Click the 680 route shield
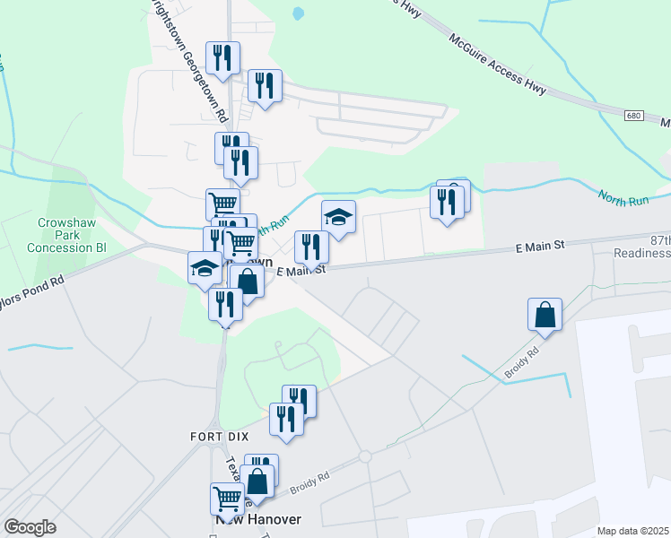[633, 116]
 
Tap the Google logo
[30, 527]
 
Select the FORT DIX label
[213, 436]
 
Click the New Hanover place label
[257, 519]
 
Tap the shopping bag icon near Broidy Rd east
[545, 315]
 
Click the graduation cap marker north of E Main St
[338, 217]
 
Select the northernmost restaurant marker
[222, 58]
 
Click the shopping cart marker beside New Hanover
[227, 498]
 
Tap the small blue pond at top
[297, 13]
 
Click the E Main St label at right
[539, 245]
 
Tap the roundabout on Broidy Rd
[364, 456]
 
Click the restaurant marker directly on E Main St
[311, 247]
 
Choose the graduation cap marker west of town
[204, 267]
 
